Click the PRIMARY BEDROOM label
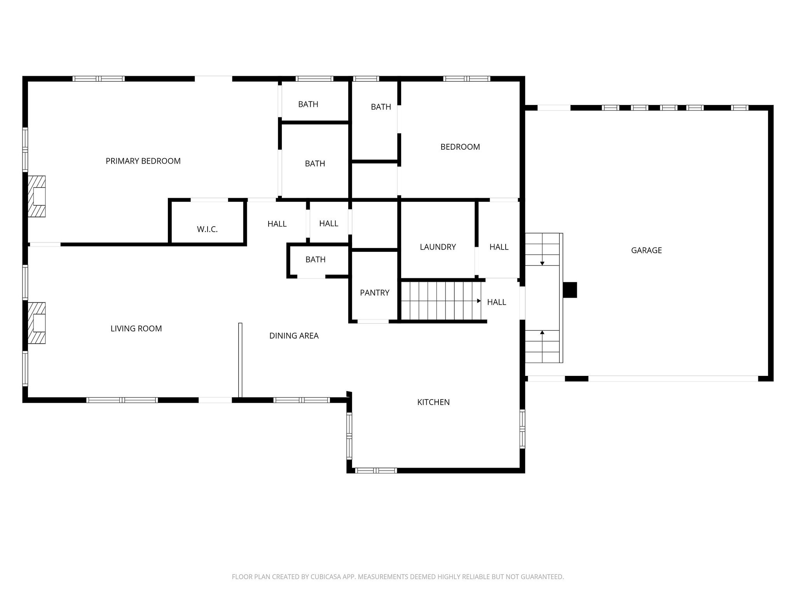(143, 161)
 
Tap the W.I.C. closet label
(207, 229)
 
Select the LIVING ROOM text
(136, 328)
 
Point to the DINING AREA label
(294, 336)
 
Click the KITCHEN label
(433, 402)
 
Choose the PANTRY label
(374, 293)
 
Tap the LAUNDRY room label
(438, 247)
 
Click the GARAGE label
(646, 250)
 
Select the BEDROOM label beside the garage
(460, 147)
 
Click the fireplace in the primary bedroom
(37, 196)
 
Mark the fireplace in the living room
(37, 323)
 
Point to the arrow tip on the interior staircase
(479, 301)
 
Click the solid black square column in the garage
(570, 290)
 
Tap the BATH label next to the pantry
(315, 260)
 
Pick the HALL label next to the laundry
(499, 247)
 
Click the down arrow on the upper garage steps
(542, 263)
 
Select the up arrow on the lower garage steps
(542, 333)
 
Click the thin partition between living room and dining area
(240, 360)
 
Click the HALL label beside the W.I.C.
(277, 224)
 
